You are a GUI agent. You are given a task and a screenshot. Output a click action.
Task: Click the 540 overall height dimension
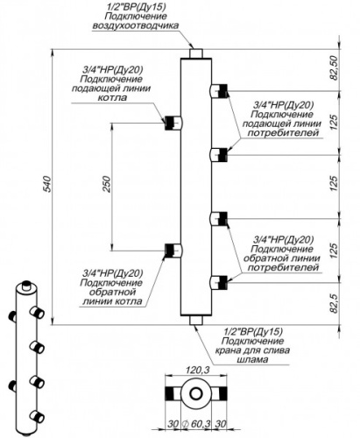(x=47, y=184)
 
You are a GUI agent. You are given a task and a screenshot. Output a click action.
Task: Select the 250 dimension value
(x=108, y=184)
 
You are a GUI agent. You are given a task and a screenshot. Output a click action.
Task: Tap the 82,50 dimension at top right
(x=334, y=67)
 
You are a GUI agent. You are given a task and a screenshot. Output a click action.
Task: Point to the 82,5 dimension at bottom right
(x=334, y=304)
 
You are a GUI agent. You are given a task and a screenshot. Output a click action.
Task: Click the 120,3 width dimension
(x=198, y=370)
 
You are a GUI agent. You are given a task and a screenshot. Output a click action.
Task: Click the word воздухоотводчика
(x=135, y=25)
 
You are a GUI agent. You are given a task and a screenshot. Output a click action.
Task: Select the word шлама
(x=253, y=359)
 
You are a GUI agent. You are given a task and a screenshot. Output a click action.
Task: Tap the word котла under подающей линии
(x=112, y=97)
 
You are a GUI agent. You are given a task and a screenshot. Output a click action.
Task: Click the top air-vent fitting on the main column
(x=195, y=53)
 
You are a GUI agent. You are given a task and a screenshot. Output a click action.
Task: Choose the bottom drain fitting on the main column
(x=195, y=321)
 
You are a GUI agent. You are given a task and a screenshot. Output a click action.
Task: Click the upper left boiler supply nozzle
(x=173, y=123)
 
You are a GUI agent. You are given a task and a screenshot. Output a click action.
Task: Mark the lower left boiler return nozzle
(x=173, y=251)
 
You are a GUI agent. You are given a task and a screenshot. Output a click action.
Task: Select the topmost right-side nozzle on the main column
(x=219, y=90)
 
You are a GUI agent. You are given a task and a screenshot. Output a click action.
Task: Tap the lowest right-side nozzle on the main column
(x=219, y=282)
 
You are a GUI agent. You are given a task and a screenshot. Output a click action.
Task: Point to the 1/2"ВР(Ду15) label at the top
(x=135, y=7)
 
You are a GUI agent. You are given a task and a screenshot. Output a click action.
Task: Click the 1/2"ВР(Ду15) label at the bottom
(x=253, y=331)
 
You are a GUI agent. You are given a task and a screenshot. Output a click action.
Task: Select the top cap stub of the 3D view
(x=26, y=286)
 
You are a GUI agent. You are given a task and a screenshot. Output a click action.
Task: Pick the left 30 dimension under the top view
(x=173, y=424)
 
